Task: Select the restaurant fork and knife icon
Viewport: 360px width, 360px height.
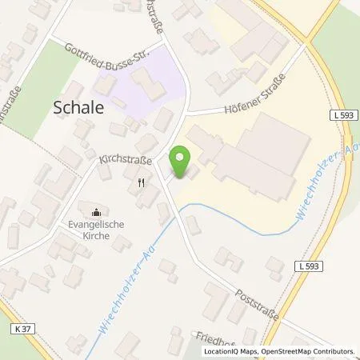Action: (142, 182)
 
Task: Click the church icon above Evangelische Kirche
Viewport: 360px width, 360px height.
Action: (97, 212)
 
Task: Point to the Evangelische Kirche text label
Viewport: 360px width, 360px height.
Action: (98, 231)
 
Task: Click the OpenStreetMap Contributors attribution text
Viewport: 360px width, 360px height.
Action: (309, 351)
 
